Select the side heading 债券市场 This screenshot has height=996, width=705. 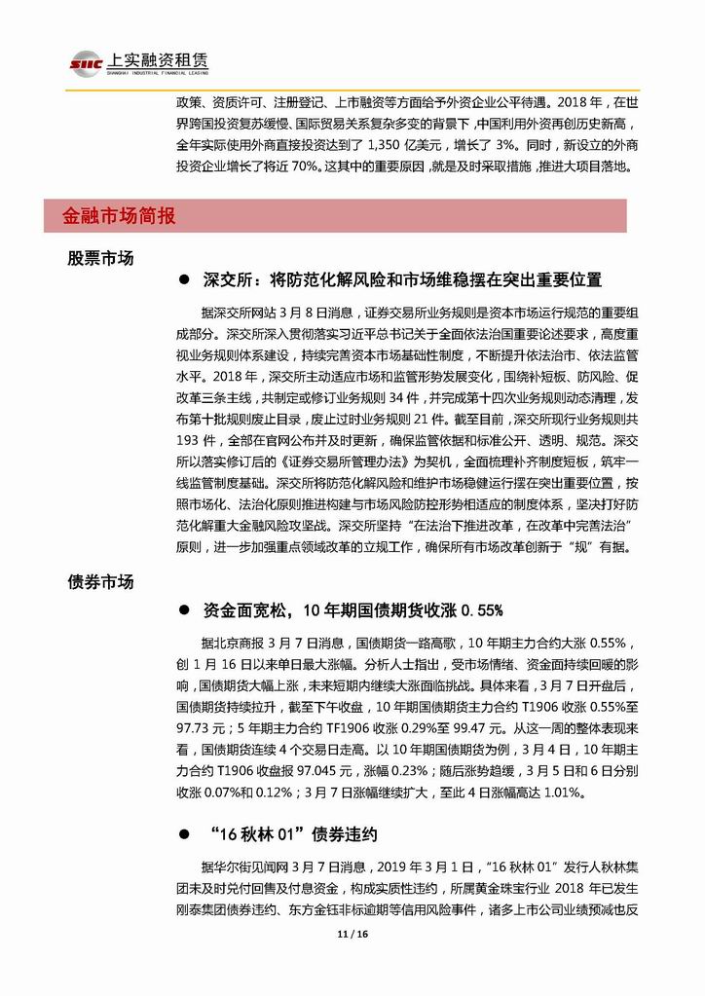click(x=100, y=582)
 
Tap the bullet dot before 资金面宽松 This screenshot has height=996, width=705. click(x=182, y=610)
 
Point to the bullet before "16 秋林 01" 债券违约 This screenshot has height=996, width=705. click(x=182, y=834)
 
